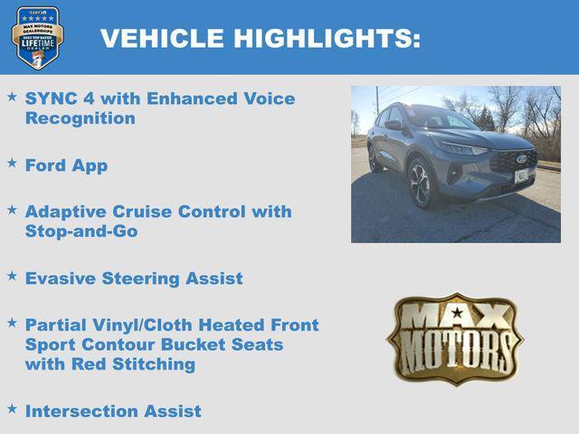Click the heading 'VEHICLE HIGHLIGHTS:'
(x=260, y=38)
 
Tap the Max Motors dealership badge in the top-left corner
(x=37, y=37)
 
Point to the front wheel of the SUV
(x=422, y=184)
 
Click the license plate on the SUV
(x=521, y=175)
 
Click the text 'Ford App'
(x=66, y=165)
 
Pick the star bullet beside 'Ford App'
(x=12, y=163)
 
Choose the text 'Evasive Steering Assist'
(x=134, y=278)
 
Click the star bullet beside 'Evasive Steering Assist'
(x=12, y=275)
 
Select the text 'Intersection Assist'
(x=113, y=411)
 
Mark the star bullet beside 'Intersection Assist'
(x=12, y=408)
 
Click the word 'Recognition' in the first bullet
(x=81, y=118)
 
